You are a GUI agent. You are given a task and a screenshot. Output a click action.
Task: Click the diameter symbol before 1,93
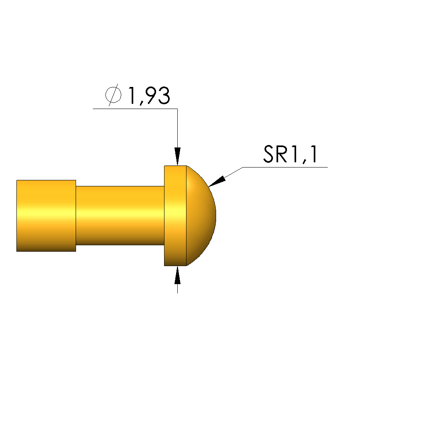pos(113,95)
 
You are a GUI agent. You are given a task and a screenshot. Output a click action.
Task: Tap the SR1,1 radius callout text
pos(290,154)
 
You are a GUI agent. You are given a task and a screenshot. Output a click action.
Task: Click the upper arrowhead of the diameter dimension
pos(177,156)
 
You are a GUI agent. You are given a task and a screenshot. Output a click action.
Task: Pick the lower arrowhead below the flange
pos(177,275)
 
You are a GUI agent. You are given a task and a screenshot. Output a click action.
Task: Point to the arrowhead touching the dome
pos(217,181)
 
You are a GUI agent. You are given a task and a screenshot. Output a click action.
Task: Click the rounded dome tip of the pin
pos(201,216)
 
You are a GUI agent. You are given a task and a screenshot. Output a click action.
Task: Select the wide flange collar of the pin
pos(175,216)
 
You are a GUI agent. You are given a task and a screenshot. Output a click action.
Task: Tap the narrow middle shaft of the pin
pos(120,215)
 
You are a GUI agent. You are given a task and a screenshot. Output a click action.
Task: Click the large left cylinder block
pos(46,216)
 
